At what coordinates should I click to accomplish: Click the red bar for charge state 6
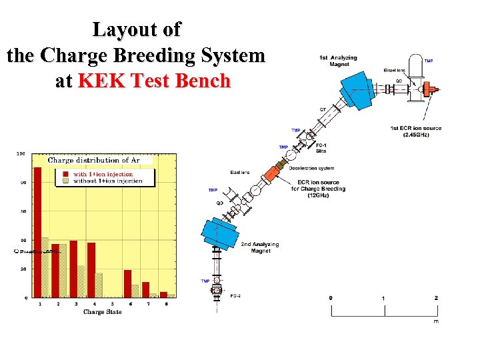click(127, 283)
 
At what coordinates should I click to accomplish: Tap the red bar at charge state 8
click(163, 294)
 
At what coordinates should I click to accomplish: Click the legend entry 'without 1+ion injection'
click(107, 181)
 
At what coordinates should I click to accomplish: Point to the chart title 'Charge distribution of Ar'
click(94, 160)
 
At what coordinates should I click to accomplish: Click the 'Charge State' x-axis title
click(103, 312)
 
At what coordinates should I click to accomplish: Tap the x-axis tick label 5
click(109, 304)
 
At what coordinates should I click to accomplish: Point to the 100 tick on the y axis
click(21, 153)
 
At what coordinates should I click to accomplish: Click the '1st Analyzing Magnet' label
click(338, 61)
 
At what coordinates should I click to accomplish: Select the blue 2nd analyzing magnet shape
click(222, 231)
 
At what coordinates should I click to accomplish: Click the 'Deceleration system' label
click(311, 168)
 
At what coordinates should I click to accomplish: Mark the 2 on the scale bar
click(436, 297)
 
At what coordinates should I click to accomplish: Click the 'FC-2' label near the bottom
click(236, 295)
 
